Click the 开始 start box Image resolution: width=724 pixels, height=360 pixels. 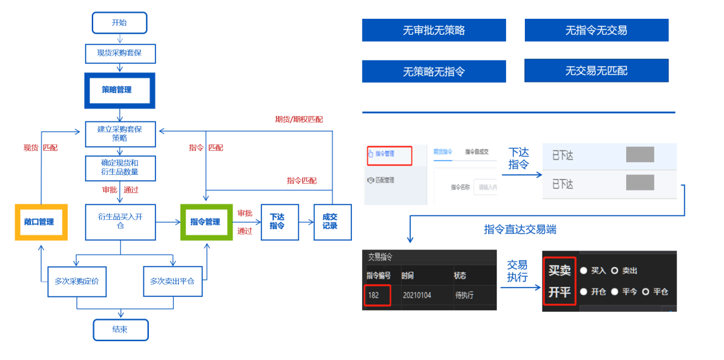click(x=119, y=23)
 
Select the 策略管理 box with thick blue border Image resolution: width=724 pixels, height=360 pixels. click(x=119, y=90)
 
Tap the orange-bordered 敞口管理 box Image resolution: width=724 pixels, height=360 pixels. click(x=42, y=222)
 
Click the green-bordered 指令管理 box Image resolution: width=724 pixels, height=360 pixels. click(x=206, y=222)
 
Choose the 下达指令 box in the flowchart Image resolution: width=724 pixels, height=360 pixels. click(x=278, y=222)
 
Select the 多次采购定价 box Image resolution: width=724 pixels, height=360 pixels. click(x=77, y=282)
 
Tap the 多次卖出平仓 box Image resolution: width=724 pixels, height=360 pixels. click(x=173, y=282)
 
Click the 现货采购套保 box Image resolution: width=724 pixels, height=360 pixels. click(x=120, y=53)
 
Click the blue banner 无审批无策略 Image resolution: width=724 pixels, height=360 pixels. click(x=434, y=30)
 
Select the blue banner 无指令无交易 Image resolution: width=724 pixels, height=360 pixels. click(x=596, y=30)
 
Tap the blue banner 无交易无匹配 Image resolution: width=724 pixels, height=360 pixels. click(x=596, y=70)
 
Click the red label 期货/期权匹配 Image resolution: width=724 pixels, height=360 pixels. click(x=299, y=119)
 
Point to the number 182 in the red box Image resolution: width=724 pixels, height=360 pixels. click(x=373, y=294)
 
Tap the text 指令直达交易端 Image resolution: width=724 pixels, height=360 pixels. click(x=520, y=230)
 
